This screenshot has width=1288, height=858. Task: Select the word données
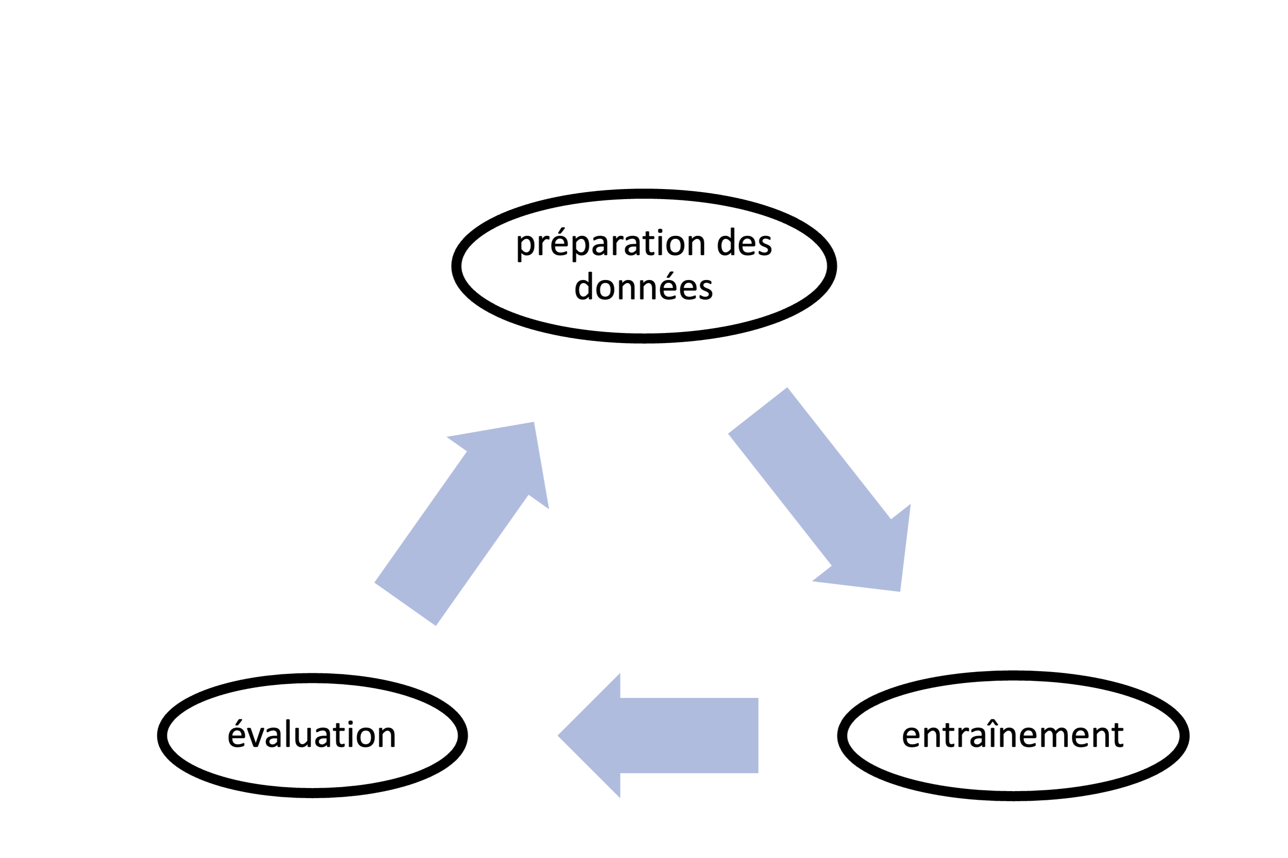pos(644,286)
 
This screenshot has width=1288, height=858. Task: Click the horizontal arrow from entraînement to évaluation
pos(658,735)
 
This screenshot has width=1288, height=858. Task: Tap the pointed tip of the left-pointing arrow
pos(558,735)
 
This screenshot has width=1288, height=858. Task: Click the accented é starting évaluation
pos(237,733)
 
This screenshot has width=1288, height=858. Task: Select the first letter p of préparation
pos(525,247)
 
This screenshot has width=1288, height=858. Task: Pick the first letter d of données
pos(584,286)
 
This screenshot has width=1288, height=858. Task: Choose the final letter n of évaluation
pos(385,736)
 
